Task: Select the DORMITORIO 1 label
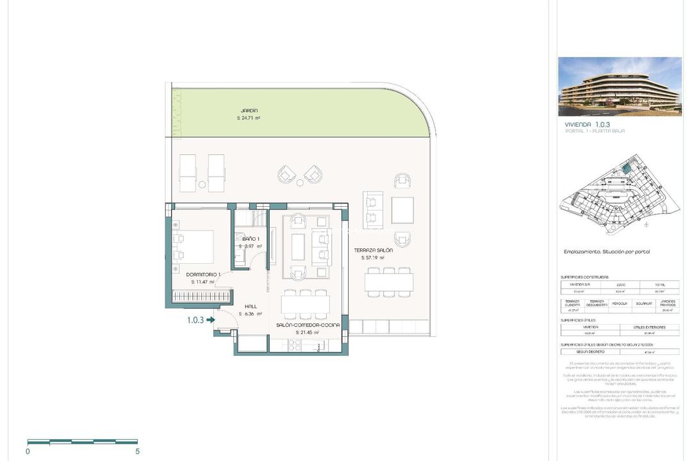(x=203, y=275)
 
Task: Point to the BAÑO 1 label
(x=250, y=239)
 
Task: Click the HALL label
(x=251, y=307)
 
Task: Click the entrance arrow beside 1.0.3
(x=211, y=320)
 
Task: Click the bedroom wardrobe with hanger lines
(x=198, y=297)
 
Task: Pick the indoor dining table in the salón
(x=306, y=303)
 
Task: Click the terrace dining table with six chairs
(x=389, y=282)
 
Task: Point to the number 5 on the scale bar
(x=137, y=451)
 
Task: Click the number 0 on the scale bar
(x=28, y=451)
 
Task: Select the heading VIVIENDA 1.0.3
(x=587, y=124)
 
